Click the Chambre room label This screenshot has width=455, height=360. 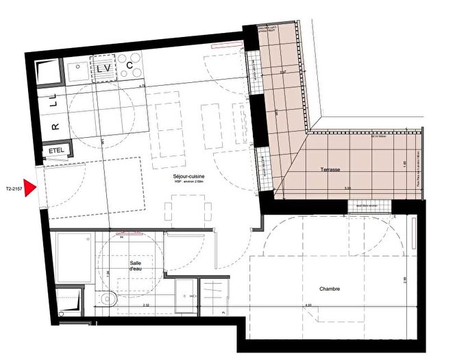[x=329, y=289]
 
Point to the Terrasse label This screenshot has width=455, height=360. [x=330, y=170]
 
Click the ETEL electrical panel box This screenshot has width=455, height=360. [x=56, y=152]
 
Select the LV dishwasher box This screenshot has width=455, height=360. [x=104, y=69]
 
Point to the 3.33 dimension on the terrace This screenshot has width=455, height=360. [x=328, y=188]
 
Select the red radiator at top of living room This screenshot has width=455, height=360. [x=226, y=47]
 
